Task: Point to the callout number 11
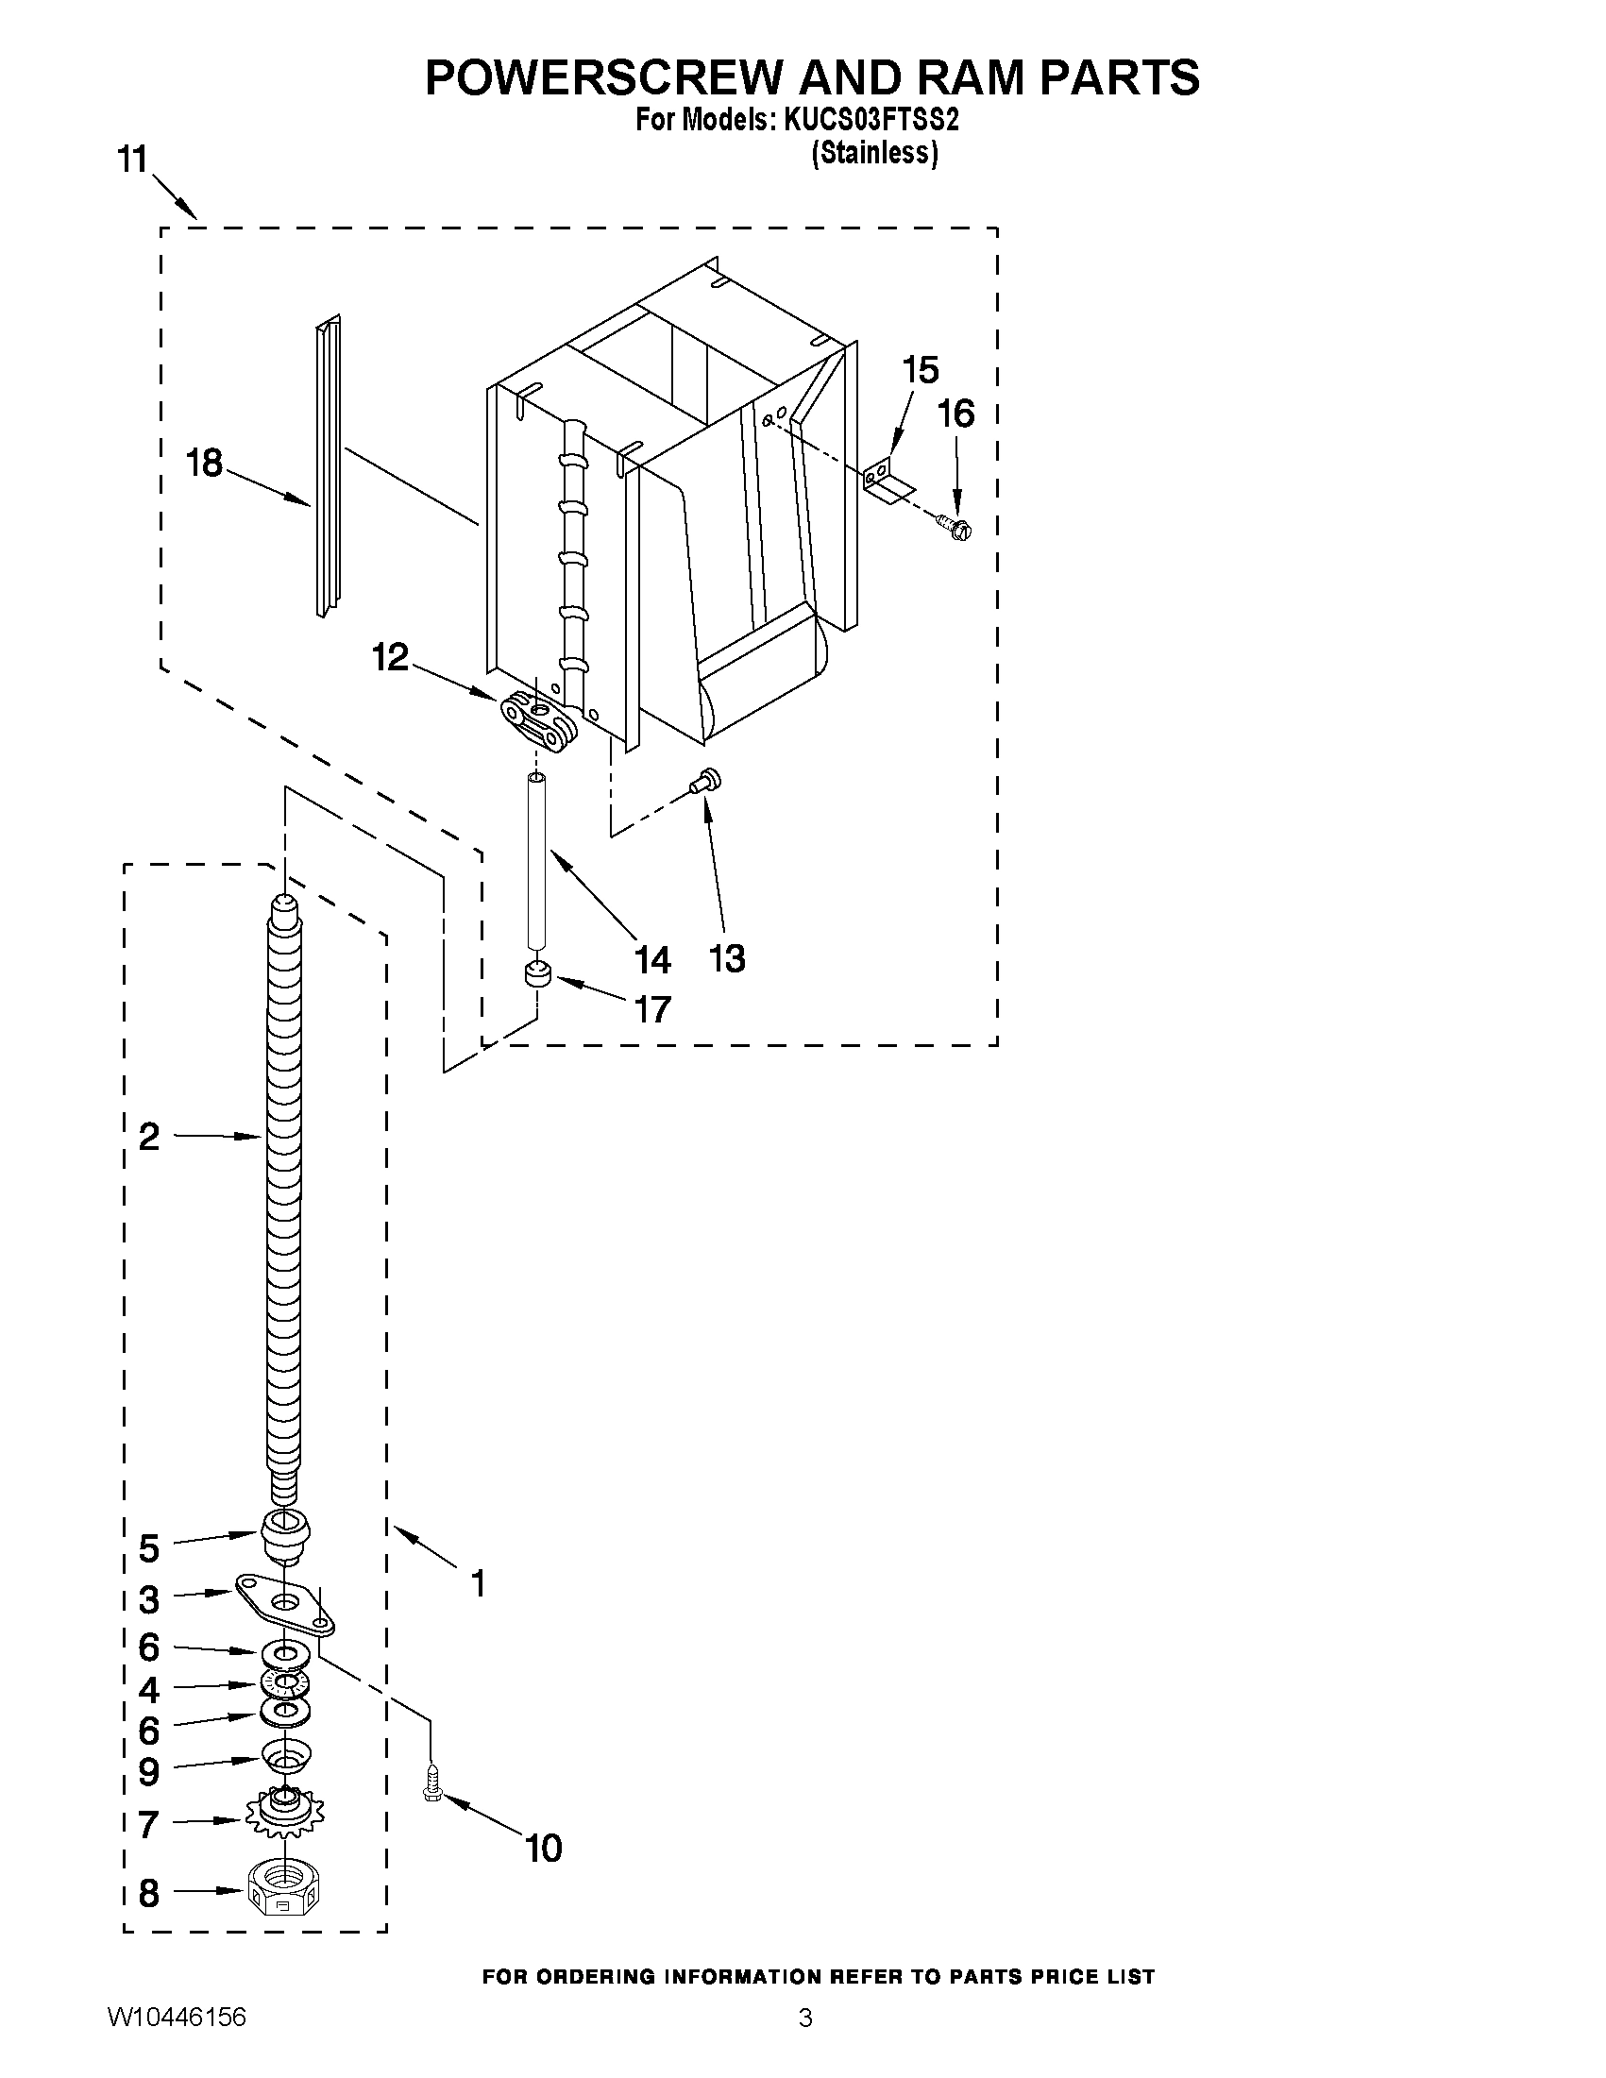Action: (133, 159)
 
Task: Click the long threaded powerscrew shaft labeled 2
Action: (283, 1190)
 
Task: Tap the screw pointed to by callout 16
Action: (955, 526)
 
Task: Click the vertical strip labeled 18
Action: (328, 466)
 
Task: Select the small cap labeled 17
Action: (539, 975)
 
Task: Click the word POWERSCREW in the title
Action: (605, 78)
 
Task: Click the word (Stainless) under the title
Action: (874, 152)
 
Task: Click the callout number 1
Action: (479, 1584)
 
